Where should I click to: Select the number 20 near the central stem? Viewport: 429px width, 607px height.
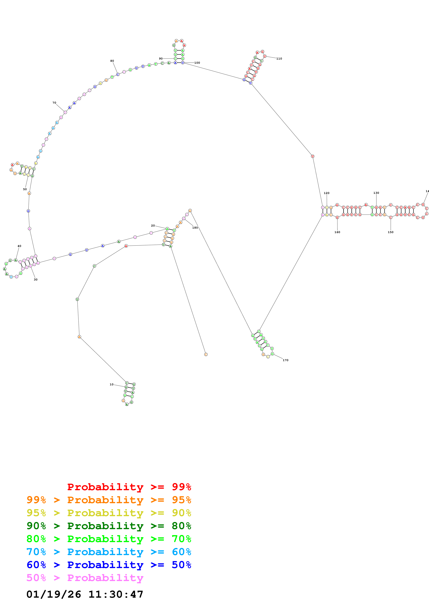click(153, 225)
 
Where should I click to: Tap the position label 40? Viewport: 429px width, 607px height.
click(19, 246)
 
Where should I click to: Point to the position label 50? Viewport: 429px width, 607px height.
click(25, 189)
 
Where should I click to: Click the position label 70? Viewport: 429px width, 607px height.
click(54, 103)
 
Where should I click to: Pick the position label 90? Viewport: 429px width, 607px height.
click(161, 59)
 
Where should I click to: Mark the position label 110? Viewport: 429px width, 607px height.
click(279, 59)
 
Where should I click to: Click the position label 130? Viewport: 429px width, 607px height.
click(376, 193)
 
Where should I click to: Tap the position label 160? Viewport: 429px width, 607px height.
click(337, 232)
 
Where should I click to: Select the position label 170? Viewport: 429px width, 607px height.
click(286, 360)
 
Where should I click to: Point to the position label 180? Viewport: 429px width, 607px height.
click(195, 228)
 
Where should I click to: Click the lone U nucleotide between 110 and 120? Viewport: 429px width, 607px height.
click(312, 156)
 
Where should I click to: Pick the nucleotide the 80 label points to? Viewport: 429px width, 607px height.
click(118, 74)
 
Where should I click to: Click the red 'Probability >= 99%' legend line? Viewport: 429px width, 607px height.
click(129, 487)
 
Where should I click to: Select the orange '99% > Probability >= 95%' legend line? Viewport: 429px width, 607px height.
click(109, 500)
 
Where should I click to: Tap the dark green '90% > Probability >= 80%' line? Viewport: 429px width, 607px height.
click(109, 526)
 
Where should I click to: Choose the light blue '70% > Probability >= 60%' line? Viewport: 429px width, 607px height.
click(109, 552)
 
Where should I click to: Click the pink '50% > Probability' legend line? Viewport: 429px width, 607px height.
click(85, 578)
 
